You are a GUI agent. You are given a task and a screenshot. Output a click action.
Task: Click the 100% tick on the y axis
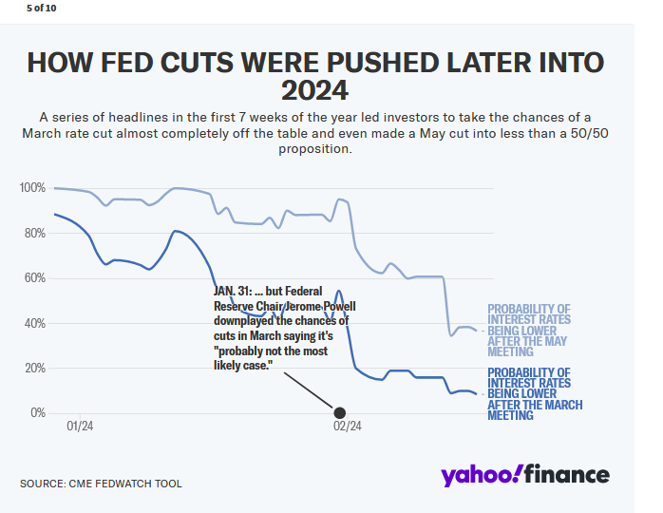pyautogui.click(x=32, y=188)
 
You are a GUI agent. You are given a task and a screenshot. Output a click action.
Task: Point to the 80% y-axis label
pyautogui.click(x=34, y=233)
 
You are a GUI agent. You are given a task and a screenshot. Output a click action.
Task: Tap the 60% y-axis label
pyautogui.click(x=34, y=278)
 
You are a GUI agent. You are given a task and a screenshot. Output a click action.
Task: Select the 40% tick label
pyautogui.click(x=34, y=323)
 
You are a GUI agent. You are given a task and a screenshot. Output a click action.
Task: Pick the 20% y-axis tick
pyautogui.click(x=34, y=368)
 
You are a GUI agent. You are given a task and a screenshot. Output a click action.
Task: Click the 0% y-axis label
pyautogui.click(x=37, y=413)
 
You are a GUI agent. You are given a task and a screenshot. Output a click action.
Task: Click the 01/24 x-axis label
pyautogui.click(x=81, y=427)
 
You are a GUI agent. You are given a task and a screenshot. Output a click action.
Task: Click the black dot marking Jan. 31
pyautogui.click(x=339, y=413)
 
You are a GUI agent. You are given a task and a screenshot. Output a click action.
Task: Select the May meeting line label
pyautogui.click(x=529, y=330)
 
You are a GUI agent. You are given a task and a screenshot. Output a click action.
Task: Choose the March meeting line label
pyautogui.click(x=533, y=393)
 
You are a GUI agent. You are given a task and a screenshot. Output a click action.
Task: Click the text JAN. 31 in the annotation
pyautogui.click(x=233, y=291)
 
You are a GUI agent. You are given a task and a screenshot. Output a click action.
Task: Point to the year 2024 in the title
pyautogui.click(x=314, y=91)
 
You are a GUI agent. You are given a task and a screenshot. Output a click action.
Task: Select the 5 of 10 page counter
pyautogui.click(x=42, y=8)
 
